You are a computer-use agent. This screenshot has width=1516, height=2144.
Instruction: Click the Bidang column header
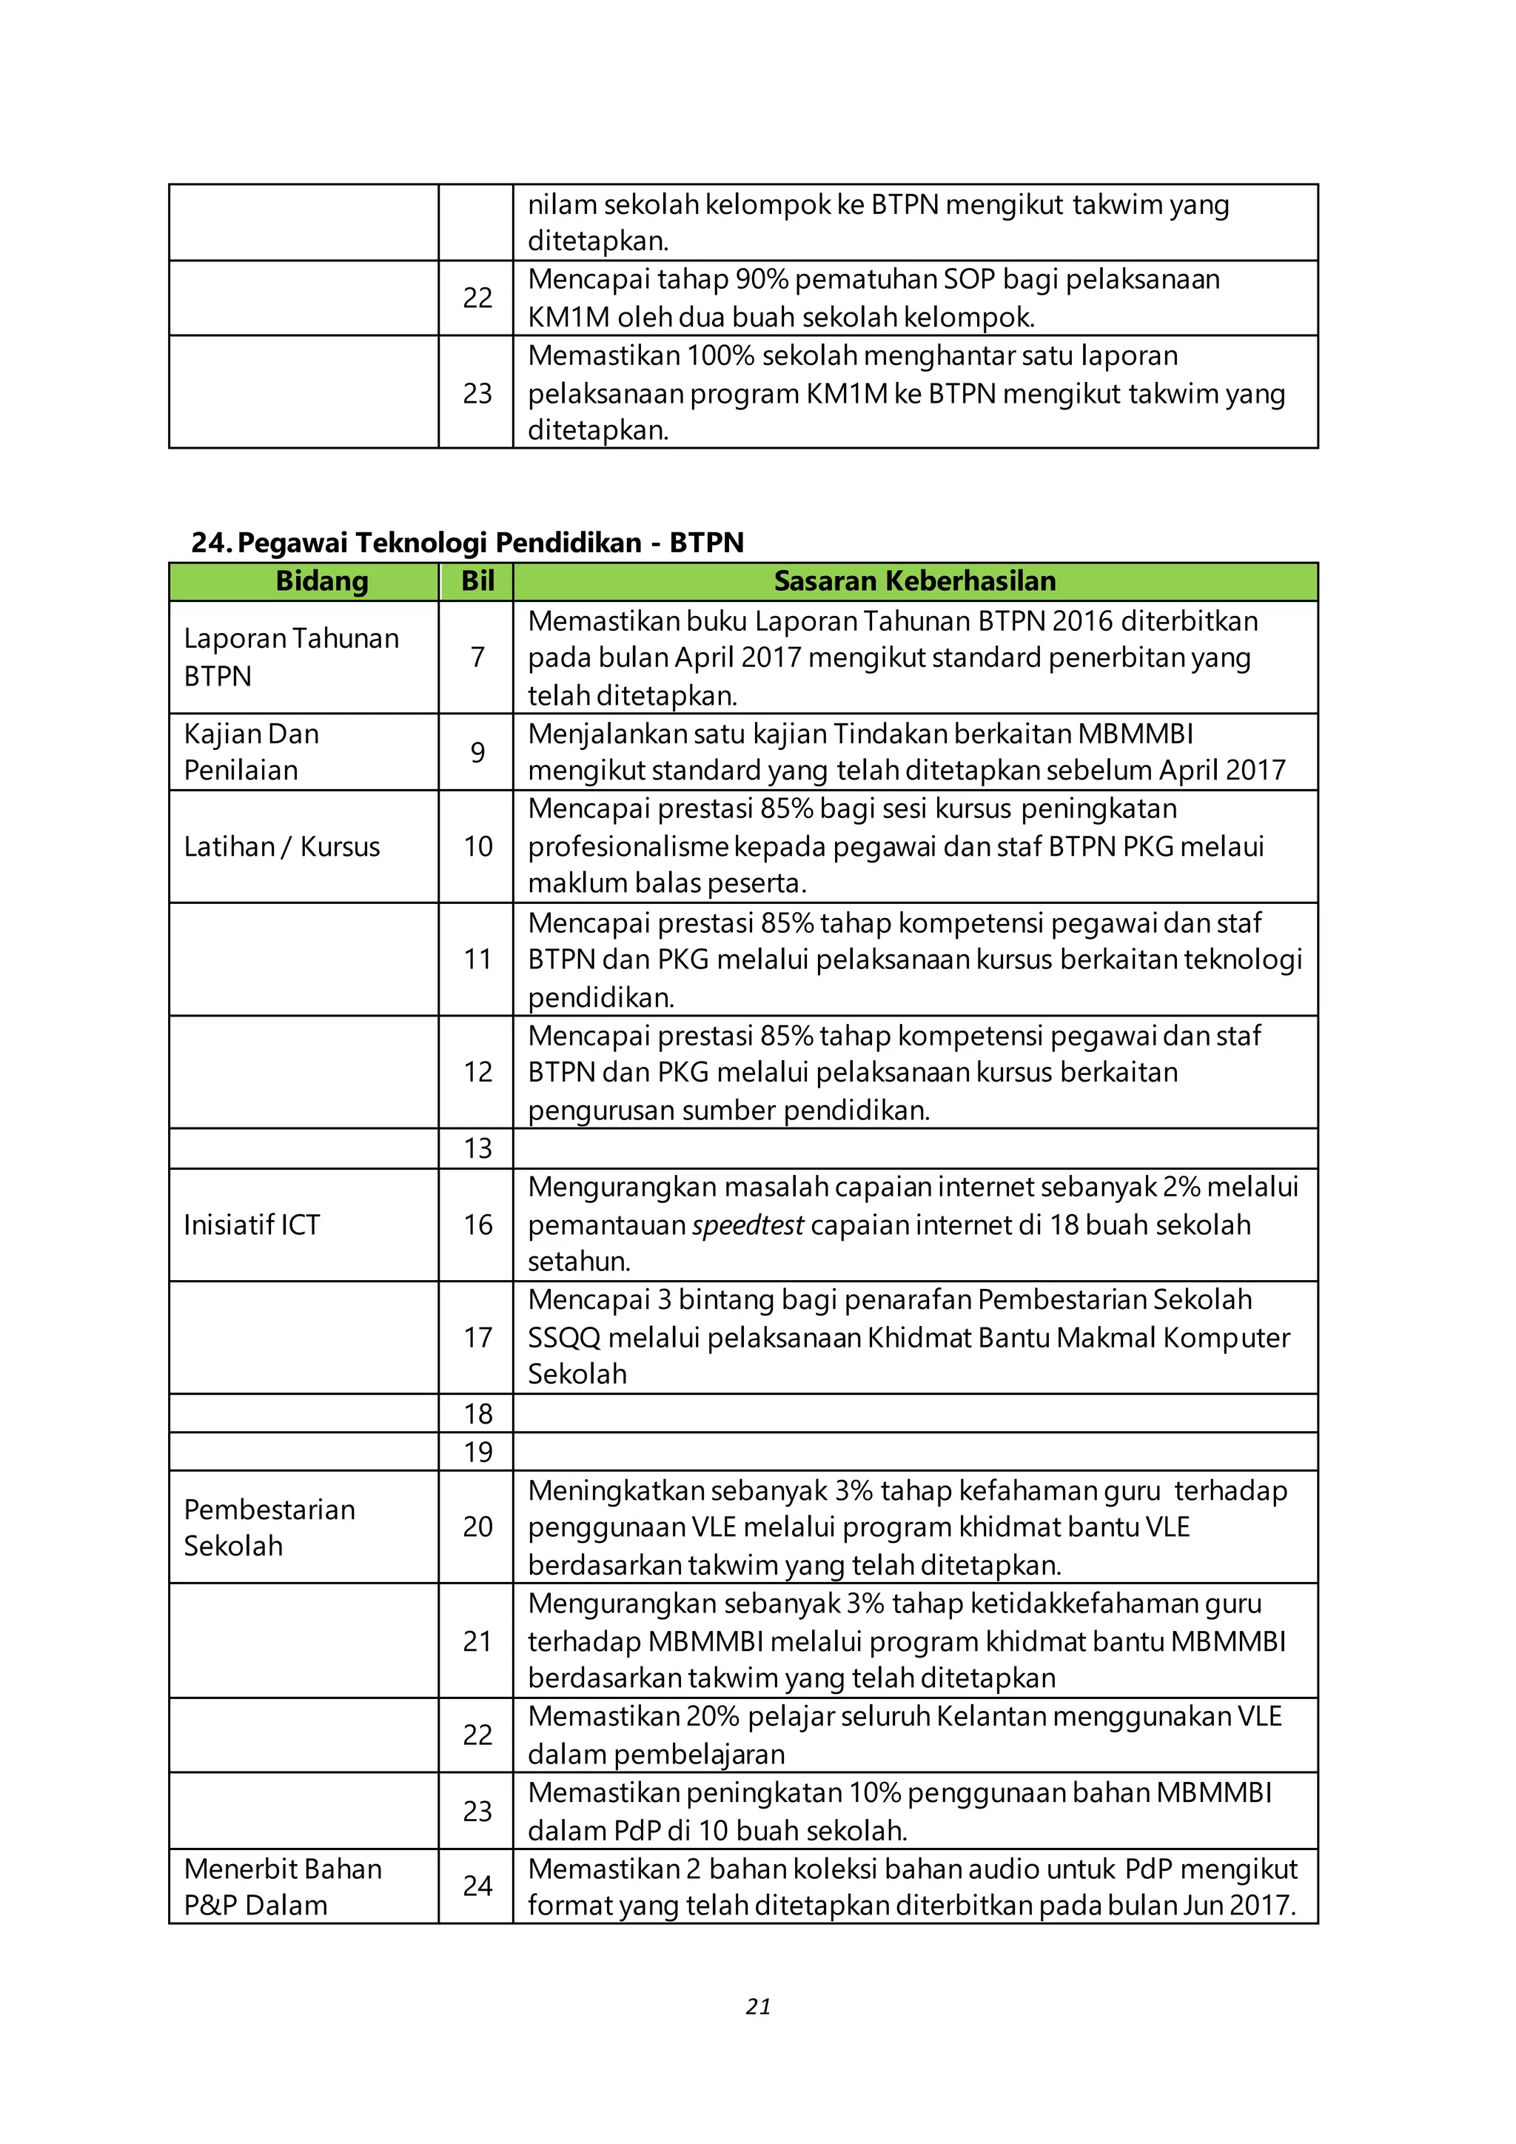pyautogui.click(x=322, y=581)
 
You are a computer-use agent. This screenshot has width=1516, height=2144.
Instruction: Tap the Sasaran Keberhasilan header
pyautogui.click(x=915, y=581)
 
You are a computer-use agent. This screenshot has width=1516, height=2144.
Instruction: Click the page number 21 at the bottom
pyautogui.click(x=758, y=2006)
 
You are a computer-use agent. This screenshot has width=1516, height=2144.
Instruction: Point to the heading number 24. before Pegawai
pyautogui.click(x=212, y=543)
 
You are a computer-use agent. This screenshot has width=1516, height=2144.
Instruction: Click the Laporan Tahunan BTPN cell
pyautogui.click(x=290, y=657)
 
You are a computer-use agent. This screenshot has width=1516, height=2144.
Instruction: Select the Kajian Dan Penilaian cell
pyautogui.click(x=251, y=751)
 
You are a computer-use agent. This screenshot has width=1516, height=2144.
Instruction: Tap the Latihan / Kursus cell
pyautogui.click(x=281, y=846)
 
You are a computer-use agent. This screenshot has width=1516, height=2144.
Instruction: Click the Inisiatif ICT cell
pyautogui.click(x=251, y=1225)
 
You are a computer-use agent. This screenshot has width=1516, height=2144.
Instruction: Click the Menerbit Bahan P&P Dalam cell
pyautogui.click(x=282, y=1886)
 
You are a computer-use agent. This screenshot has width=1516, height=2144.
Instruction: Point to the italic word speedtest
pyautogui.click(x=748, y=1225)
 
